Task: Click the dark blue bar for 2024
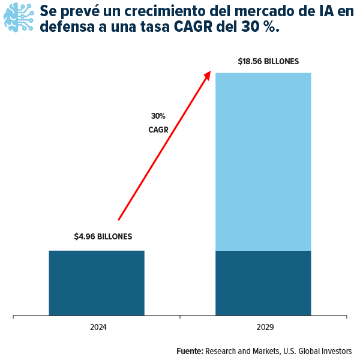click(x=97, y=283)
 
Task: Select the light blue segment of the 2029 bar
click(x=263, y=161)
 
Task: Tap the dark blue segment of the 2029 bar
click(x=263, y=283)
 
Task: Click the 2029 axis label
click(x=265, y=328)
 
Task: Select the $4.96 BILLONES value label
click(x=103, y=236)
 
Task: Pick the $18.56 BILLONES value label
click(x=268, y=61)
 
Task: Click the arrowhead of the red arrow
click(x=208, y=74)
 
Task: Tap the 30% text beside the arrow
click(x=158, y=116)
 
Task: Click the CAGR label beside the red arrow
click(x=158, y=129)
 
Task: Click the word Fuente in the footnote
click(x=190, y=351)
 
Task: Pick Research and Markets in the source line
click(x=242, y=351)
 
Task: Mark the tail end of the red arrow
click(x=119, y=220)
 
